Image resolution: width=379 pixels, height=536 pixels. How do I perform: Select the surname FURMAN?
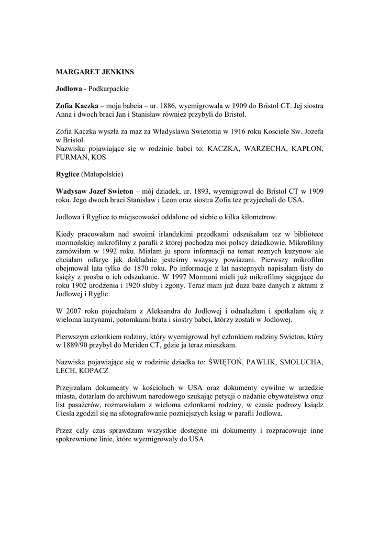(71, 157)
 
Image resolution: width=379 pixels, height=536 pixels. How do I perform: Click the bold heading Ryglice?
(68, 173)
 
